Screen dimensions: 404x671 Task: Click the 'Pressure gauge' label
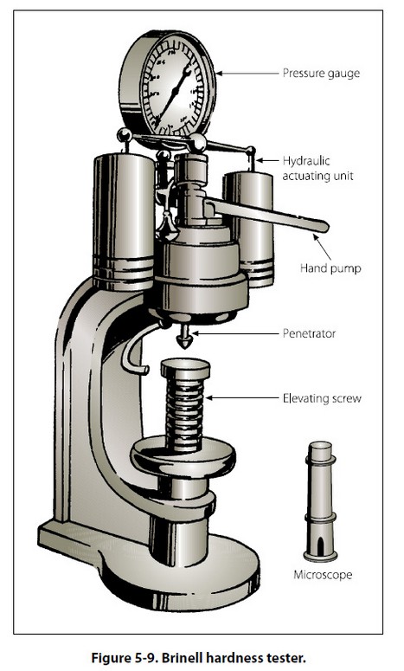(321, 74)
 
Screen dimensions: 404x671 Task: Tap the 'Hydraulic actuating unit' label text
(317, 168)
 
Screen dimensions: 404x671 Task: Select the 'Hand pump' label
(330, 268)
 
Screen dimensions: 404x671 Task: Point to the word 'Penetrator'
(309, 333)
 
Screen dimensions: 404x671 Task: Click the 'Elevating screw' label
(322, 398)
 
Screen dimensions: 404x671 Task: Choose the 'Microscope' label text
(323, 574)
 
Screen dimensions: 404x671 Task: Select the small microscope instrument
(320, 501)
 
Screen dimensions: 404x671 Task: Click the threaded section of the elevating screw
(184, 414)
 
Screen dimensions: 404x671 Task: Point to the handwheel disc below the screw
(183, 458)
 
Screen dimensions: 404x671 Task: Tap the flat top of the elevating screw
(185, 367)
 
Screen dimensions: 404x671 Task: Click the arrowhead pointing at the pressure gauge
(220, 74)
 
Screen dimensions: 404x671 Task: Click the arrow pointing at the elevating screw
(242, 398)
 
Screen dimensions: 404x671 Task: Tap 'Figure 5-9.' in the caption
(124, 657)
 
